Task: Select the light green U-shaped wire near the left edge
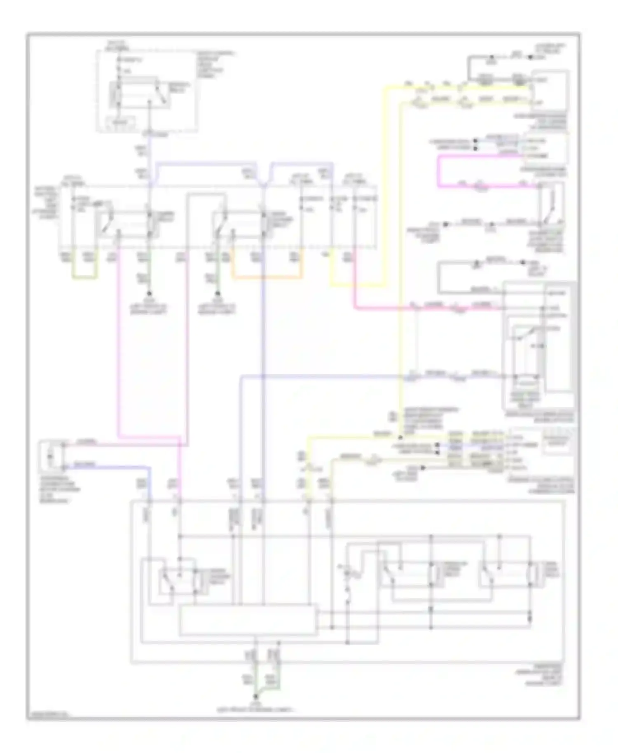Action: pos(85,278)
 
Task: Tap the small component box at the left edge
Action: pos(51,456)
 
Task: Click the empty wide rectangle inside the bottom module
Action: pos(248,619)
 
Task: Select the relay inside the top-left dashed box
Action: pos(139,92)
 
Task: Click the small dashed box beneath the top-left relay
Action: pos(121,122)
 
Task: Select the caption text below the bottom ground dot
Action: pos(256,710)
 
